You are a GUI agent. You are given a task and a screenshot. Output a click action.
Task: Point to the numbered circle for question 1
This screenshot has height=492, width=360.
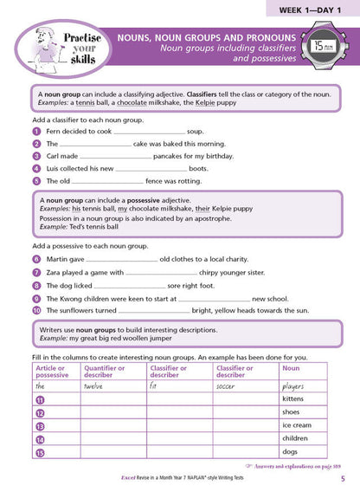point(36,132)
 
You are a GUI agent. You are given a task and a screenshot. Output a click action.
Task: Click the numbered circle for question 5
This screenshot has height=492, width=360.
point(36,181)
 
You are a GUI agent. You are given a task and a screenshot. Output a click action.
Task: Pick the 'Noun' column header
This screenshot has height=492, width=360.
point(291,368)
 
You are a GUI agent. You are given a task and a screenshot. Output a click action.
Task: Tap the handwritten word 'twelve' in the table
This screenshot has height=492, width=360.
point(93,386)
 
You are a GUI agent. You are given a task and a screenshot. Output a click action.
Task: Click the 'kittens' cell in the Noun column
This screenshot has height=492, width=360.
point(293,398)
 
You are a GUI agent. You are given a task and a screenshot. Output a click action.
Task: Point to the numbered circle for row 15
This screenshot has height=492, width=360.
point(40,454)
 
